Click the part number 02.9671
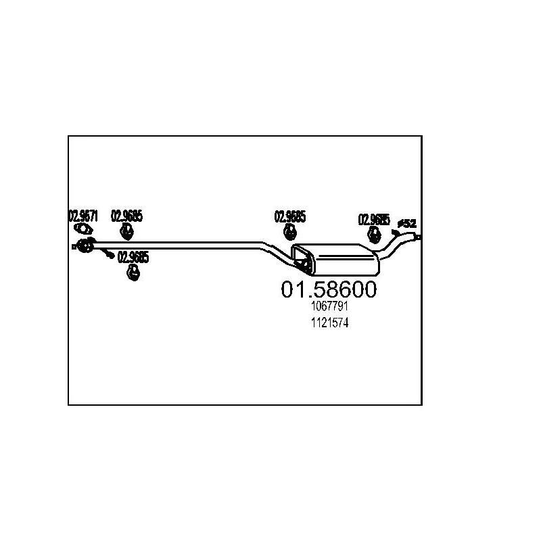point(83,216)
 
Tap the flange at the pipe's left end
point(84,245)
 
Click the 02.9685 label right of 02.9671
point(127,216)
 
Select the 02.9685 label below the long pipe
point(134,258)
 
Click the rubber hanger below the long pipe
point(133,273)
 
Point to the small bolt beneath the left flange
point(110,254)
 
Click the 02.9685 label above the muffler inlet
point(290,217)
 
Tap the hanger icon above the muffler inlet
point(289,233)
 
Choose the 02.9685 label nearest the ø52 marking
point(374,220)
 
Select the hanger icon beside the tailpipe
point(373,235)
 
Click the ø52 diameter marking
point(407,222)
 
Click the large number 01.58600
point(329,289)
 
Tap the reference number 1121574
point(329,324)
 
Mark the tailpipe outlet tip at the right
point(419,237)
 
